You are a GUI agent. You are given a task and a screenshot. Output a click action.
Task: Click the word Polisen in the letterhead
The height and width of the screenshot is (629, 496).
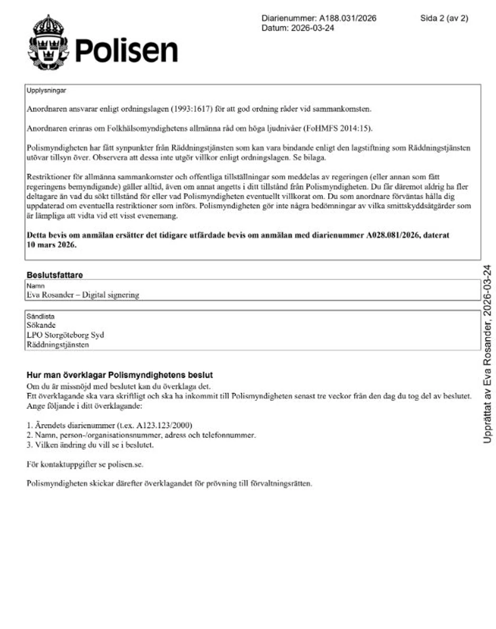126,51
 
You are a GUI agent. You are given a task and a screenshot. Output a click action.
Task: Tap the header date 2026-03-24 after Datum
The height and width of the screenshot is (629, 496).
312,28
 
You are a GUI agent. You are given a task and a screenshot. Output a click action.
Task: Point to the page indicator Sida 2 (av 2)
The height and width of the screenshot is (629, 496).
444,18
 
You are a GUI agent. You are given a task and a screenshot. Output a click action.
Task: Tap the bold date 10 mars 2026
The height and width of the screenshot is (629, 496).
52,245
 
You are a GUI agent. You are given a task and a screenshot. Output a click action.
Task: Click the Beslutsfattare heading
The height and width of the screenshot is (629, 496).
55,275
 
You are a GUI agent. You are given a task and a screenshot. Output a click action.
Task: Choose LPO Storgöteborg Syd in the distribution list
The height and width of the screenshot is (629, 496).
65,335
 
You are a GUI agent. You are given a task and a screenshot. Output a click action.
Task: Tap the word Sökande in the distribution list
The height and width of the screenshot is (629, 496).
41,325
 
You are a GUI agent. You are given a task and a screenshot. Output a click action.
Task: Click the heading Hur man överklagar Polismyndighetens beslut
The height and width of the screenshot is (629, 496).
120,375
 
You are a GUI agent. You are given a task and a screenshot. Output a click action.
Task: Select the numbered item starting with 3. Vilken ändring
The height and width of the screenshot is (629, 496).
90,445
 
